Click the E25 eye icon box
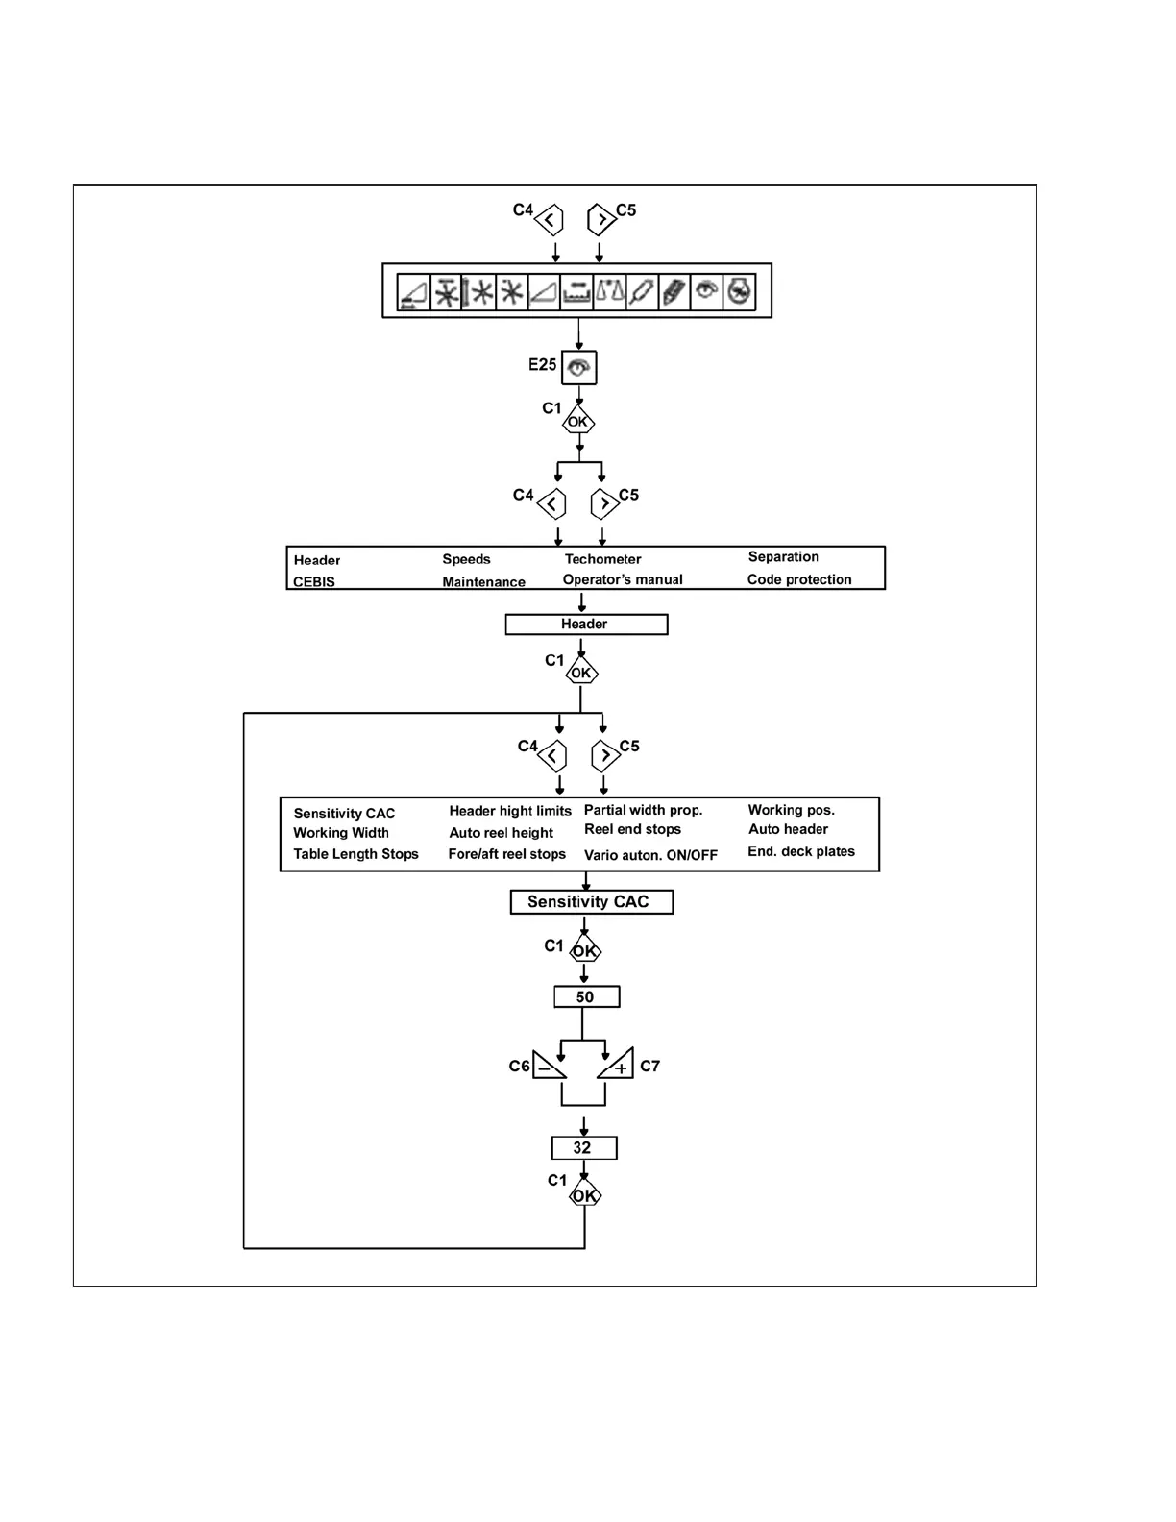tap(578, 367)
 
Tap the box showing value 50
tap(586, 997)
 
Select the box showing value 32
tap(583, 1147)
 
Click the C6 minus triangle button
tap(547, 1066)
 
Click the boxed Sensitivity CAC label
tap(590, 901)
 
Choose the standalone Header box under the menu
tap(585, 625)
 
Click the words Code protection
tap(799, 579)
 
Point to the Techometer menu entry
tap(602, 559)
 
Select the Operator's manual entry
tap(623, 579)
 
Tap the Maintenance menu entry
tap(483, 581)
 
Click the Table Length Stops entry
tap(355, 854)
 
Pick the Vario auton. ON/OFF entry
tap(650, 855)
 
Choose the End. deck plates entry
tap(800, 851)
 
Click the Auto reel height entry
tap(501, 833)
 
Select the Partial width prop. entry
tap(643, 810)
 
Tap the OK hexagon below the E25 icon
tap(578, 422)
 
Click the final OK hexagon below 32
tap(584, 1196)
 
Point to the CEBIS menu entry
tap(314, 581)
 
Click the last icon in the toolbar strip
tap(738, 291)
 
